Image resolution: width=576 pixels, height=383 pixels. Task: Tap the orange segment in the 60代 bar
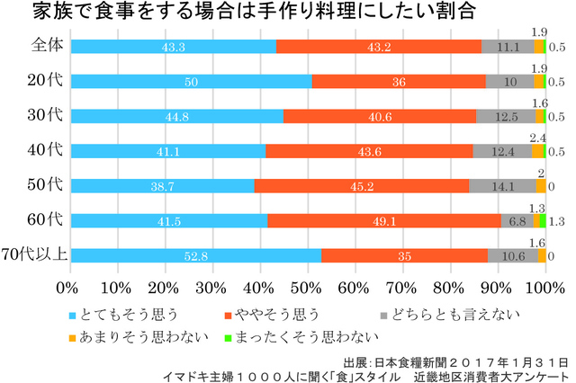384,220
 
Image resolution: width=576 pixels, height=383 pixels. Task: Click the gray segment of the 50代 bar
503,186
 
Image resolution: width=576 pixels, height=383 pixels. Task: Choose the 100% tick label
543,287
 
